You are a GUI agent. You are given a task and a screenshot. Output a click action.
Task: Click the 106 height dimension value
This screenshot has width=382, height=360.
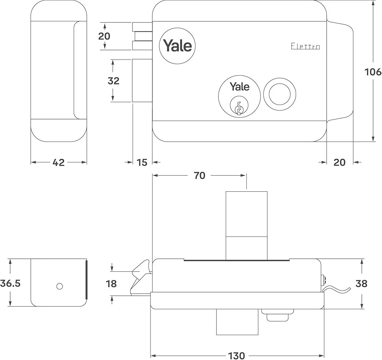[373, 72]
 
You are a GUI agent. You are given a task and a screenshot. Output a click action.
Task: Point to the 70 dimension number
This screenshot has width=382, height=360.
[199, 175]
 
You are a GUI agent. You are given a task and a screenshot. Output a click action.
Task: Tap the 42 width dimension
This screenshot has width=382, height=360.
[58, 162]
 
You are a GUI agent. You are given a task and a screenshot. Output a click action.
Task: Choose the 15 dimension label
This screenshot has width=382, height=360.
[142, 162]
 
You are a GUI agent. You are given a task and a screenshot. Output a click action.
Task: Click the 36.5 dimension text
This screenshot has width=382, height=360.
[10, 283]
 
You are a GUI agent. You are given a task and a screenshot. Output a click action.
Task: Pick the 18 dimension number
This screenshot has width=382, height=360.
[112, 284]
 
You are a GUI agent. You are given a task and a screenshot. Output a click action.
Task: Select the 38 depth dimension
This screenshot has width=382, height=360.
[361, 283]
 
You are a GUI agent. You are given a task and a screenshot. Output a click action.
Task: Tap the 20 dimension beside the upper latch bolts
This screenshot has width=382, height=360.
[104, 36]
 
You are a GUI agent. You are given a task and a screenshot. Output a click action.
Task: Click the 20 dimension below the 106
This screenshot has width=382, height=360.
[339, 162]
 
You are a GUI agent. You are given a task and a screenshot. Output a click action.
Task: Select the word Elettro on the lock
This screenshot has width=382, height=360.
[305, 47]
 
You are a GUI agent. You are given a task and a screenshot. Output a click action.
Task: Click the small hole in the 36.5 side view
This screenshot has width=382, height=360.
[59, 286]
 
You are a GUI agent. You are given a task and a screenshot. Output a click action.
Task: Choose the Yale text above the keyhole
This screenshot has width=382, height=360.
[240, 87]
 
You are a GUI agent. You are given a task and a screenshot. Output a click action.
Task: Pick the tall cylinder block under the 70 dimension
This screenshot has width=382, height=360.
[246, 225]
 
